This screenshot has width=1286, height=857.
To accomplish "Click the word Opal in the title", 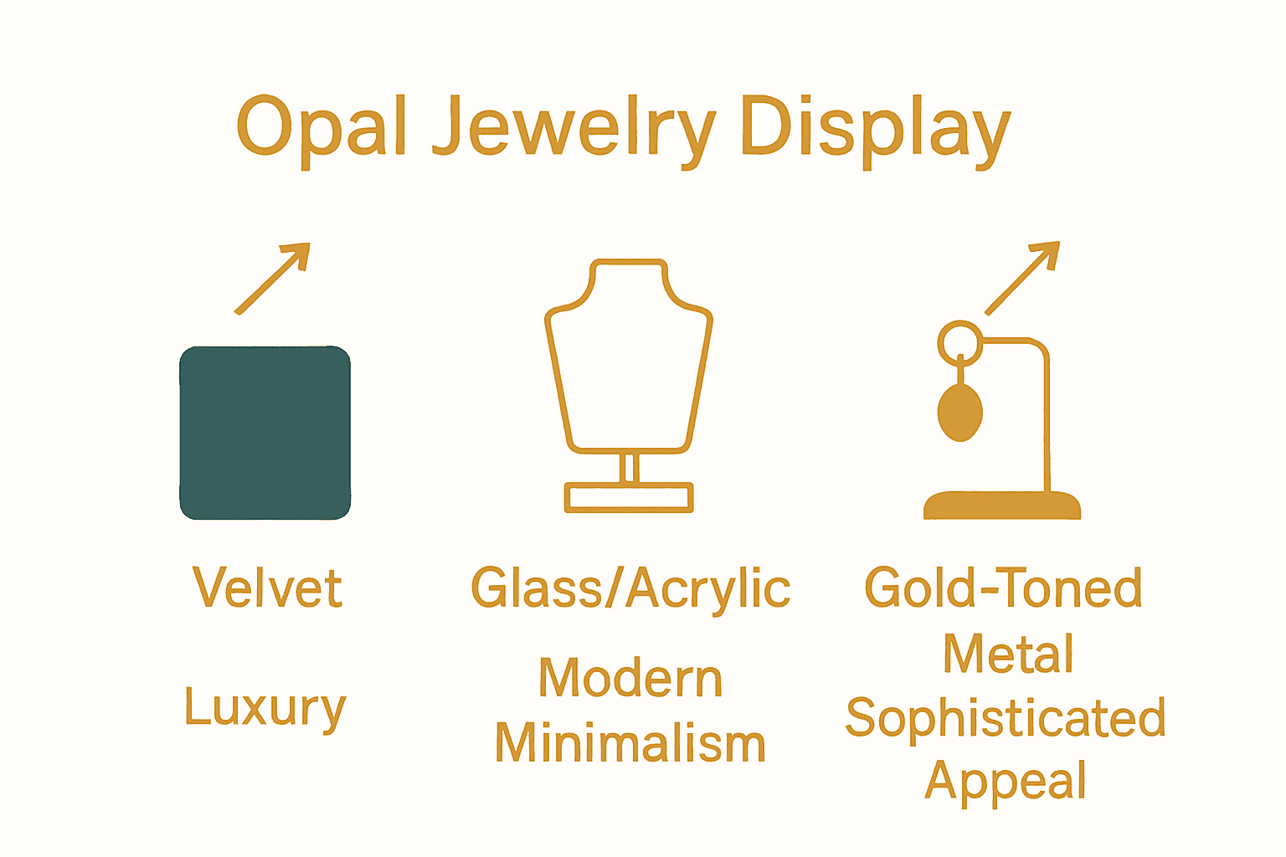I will click(x=321, y=127).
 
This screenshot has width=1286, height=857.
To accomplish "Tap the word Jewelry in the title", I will click(x=574, y=127).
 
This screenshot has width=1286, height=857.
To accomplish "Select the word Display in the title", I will click(x=876, y=127).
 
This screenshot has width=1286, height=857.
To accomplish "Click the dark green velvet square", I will click(x=265, y=433).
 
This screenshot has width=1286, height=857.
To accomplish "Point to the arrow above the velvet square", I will click(x=273, y=278).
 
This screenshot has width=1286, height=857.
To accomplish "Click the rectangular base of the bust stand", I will click(x=629, y=497).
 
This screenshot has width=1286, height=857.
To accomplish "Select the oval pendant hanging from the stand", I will click(x=959, y=413).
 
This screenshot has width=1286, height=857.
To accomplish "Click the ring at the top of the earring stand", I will click(x=959, y=342).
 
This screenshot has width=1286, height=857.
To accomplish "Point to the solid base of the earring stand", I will click(x=1002, y=505).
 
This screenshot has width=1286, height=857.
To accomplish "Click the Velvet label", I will click(x=267, y=588).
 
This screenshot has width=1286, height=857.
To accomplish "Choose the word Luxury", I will click(x=265, y=708).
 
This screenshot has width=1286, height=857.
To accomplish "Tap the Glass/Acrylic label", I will click(x=630, y=588).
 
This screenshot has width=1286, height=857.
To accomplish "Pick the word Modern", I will click(x=630, y=678).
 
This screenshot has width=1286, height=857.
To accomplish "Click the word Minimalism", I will click(x=630, y=743).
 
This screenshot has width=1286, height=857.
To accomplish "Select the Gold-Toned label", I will click(x=1003, y=588).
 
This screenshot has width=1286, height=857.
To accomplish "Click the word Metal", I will click(x=1008, y=653).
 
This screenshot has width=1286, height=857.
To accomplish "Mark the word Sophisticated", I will click(x=1006, y=718).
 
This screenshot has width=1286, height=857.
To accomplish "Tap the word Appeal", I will click(x=1006, y=782).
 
